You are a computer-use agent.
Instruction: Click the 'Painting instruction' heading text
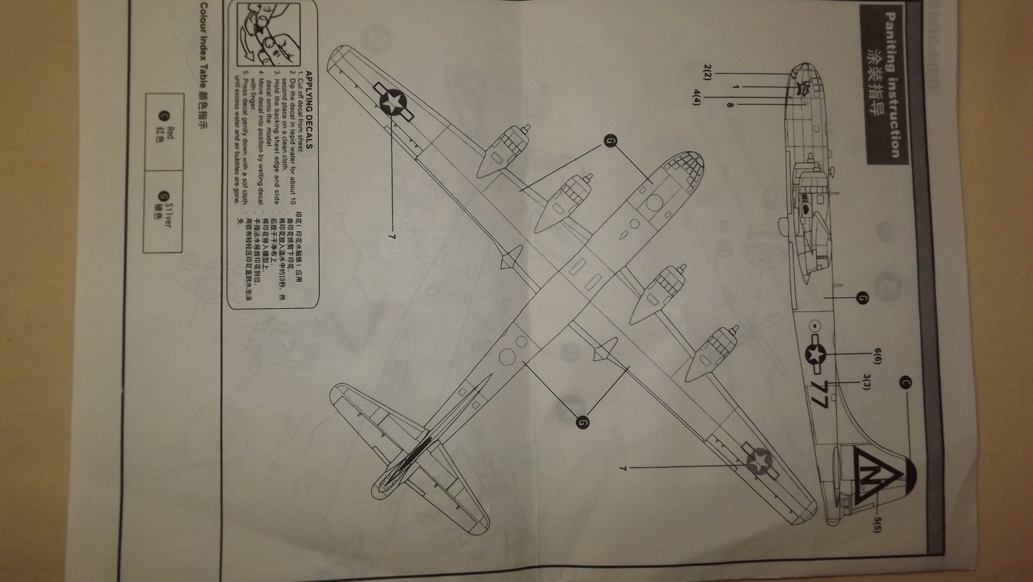tap(892, 85)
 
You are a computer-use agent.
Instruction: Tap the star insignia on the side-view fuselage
tap(816, 354)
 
